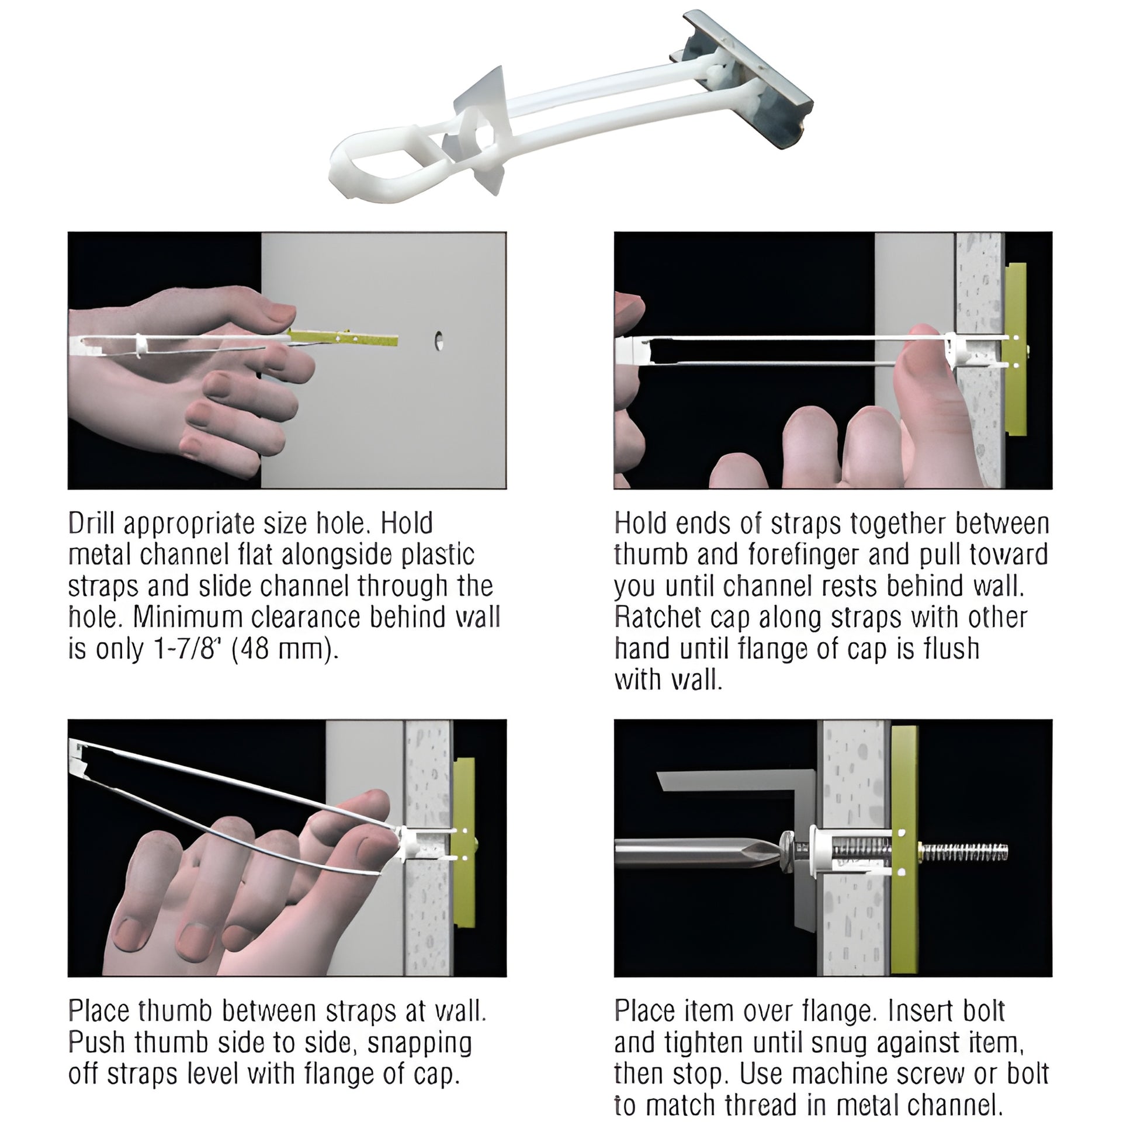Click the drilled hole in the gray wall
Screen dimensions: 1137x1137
(438, 341)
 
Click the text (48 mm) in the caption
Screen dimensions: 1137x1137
(286, 649)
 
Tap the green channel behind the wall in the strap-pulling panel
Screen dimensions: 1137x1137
(1016, 349)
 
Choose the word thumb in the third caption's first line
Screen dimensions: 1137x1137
(175, 1010)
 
